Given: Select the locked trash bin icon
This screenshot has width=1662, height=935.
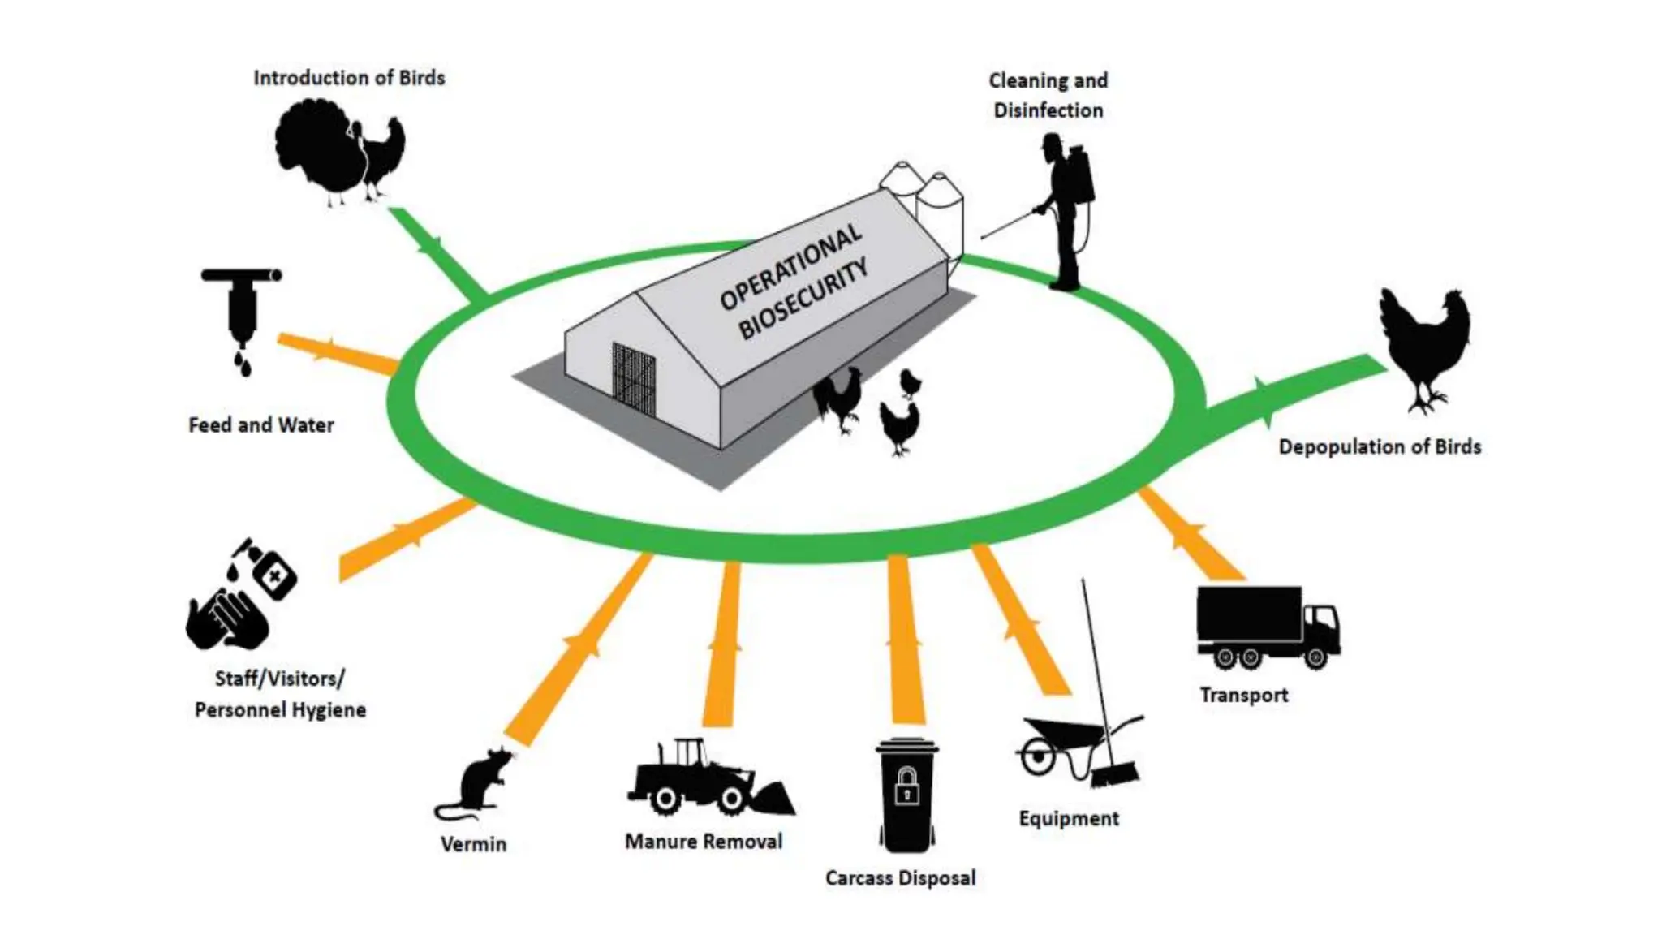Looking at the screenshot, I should pos(906,795).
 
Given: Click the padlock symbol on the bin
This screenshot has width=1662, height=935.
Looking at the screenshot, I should pos(906,786).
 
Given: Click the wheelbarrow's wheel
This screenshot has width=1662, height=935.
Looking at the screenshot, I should pos(1037,759).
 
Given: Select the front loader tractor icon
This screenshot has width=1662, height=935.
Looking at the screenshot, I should pos(706,779).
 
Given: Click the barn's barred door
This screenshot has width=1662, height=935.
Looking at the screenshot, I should pos(634,380).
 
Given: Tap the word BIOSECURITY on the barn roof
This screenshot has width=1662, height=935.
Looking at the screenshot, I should pos(803,300).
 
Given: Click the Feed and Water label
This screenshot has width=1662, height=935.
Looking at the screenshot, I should pos(260,425).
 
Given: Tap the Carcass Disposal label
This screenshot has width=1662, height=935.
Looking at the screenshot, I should pos(900,878).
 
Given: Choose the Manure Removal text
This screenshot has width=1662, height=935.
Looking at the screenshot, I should pos(704,842).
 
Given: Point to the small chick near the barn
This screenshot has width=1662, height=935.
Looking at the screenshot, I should pos(911,382).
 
